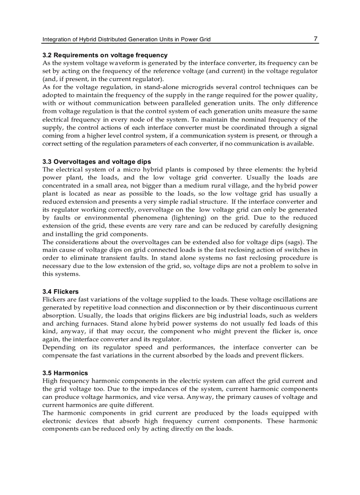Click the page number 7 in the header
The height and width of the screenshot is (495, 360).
point(315,39)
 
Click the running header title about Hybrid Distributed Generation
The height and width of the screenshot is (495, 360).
point(126,39)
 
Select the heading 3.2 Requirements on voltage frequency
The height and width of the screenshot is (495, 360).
point(105,55)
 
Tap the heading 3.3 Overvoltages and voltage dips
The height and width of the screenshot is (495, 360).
point(97,162)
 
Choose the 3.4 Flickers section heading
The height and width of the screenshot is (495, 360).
point(60,291)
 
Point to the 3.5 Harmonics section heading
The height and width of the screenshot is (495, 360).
point(65,372)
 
